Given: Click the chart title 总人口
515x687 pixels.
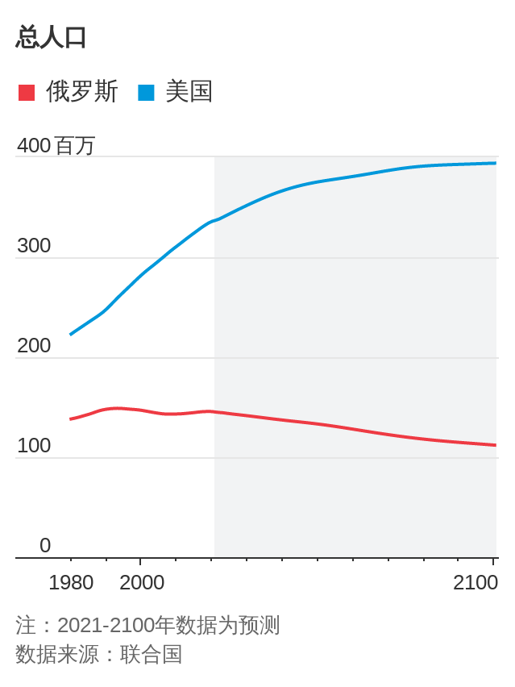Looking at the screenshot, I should pyautogui.click(x=52, y=37).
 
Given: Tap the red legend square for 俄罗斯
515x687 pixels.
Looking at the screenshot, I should pyautogui.click(x=27, y=92).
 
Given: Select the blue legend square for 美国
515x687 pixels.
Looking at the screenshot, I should pyautogui.click(x=146, y=92).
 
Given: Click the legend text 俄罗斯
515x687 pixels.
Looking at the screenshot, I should pyautogui.click(x=82, y=92).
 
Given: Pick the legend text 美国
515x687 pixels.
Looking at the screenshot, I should pyautogui.click(x=189, y=92).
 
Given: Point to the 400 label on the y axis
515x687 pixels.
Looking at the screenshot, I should pyautogui.click(x=34, y=146).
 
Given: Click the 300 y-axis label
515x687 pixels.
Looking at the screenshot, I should pyautogui.click(x=34, y=246).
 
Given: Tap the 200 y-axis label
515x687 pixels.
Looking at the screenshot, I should pyautogui.click(x=34, y=346).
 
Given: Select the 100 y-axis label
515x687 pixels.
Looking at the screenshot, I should pyautogui.click(x=34, y=446).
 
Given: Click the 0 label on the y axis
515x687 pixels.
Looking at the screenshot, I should pyautogui.click(x=45, y=546).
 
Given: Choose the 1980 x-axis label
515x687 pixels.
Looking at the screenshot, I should pyautogui.click(x=71, y=582).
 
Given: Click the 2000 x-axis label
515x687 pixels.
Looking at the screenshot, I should pyautogui.click(x=142, y=582).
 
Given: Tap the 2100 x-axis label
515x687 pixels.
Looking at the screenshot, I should pyautogui.click(x=476, y=582).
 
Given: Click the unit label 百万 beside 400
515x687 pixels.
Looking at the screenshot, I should pyautogui.click(x=75, y=146).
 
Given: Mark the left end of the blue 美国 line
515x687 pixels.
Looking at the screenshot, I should pyautogui.click(x=71, y=334).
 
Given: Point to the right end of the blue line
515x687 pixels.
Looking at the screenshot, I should pyautogui.click(x=495, y=163).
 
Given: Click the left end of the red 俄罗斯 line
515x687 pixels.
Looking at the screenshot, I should pyautogui.click(x=71, y=418).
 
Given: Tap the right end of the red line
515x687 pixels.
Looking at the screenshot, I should pyautogui.click(x=495, y=445).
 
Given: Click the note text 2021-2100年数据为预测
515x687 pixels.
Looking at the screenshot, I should pyautogui.click(x=168, y=625).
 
